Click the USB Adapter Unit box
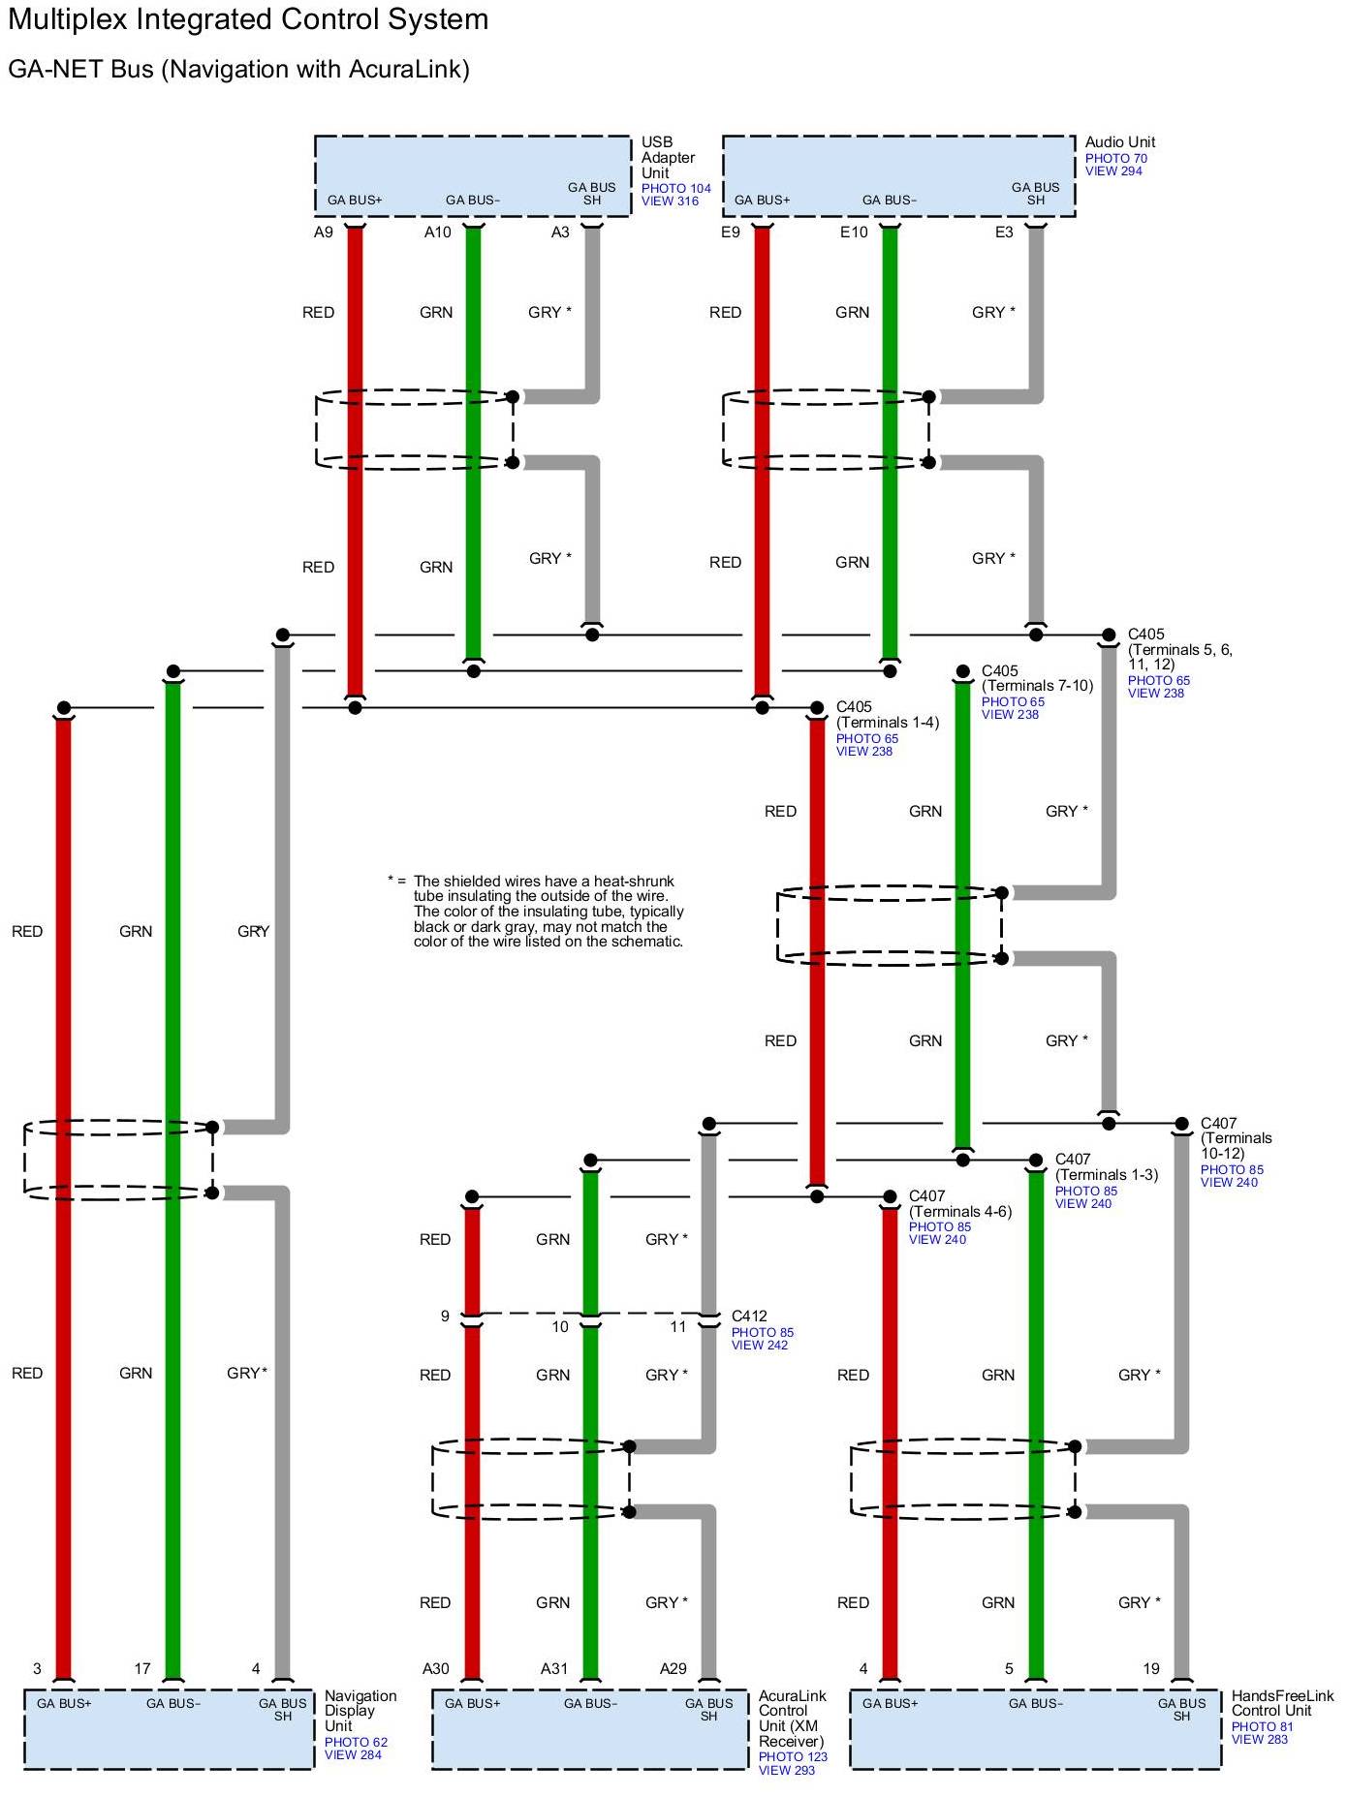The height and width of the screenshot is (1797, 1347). (x=472, y=175)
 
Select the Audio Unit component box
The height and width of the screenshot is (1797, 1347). (x=898, y=175)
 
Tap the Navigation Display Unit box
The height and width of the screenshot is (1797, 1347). (x=169, y=1729)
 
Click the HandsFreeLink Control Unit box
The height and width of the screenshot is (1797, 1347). (x=1035, y=1729)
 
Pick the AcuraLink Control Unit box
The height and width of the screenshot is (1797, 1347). (x=589, y=1729)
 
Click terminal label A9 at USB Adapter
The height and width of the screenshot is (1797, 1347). (x=324, y=232)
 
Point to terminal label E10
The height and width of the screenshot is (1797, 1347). (x=854, y=232)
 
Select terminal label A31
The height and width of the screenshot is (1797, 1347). (x=554, y=1668)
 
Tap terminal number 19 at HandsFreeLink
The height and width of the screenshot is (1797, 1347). (x=1151, y=1668)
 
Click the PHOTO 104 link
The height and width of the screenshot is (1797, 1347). (x=675, y=189)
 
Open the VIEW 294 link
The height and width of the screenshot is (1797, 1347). (x=1113, y=171)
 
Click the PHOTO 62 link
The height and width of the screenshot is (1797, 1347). (x=356, y=1742)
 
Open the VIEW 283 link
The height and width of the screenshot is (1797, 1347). (x=1260, y=1739)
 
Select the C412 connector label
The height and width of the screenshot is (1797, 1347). (x=749, y=1316)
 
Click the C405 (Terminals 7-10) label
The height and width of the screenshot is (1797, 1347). (x=1037, y=678)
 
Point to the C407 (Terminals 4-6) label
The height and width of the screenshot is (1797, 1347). (x=959, y=1204)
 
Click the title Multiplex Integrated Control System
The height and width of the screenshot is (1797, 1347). (x=248, y=19)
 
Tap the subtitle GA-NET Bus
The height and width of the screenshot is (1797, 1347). (x=238, y=70)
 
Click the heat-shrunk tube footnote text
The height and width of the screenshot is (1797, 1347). (x=548, y=911)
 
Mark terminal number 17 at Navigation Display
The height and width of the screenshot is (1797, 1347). (x=142, y=1668)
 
